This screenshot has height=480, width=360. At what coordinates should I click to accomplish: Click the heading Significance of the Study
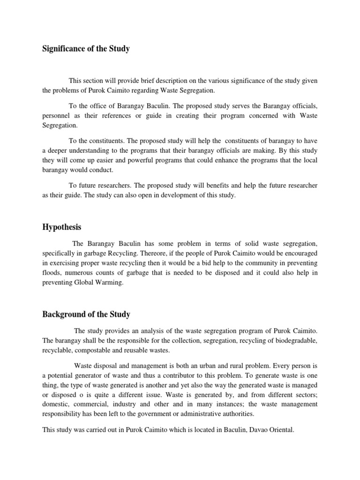click(86, 49)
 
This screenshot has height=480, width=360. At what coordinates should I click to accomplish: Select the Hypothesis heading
click(62, 227)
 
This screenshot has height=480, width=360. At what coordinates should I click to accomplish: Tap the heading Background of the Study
click(86, 314)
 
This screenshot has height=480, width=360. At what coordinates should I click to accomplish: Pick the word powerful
click(121, 161)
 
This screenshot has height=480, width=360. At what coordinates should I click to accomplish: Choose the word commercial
click(94, 404)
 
